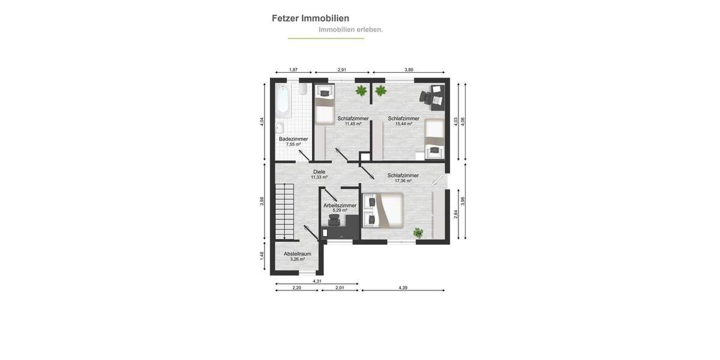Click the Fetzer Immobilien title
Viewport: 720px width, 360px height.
click(x=310, y=19)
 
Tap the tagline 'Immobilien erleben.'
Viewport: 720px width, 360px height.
click(x=350, y=29)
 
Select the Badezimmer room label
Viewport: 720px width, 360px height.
click(x=293, y=139)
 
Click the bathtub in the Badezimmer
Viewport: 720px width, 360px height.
click(x=284, y=101)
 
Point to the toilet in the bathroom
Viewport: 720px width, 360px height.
click(x=303, y=91)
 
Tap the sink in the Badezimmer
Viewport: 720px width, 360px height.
click(x=280, y=128)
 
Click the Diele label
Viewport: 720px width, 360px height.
click(x=319, y=172)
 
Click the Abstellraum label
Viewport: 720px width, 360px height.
click(x=297, y=254)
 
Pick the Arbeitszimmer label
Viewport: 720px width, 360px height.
click(x=340, y=205)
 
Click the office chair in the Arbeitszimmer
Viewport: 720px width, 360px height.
click(x=334, y=222)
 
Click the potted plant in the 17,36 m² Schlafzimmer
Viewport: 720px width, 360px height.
click(x=418, y=232)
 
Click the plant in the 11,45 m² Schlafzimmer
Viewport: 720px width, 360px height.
click(x=361, y=91)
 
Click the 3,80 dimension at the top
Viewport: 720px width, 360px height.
click(x=409, y=70)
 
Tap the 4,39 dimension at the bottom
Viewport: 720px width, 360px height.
click(x=403, y=288)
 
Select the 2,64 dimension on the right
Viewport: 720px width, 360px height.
click(x=456, y=213)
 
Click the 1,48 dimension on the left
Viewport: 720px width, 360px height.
click(x=262, y=256)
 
